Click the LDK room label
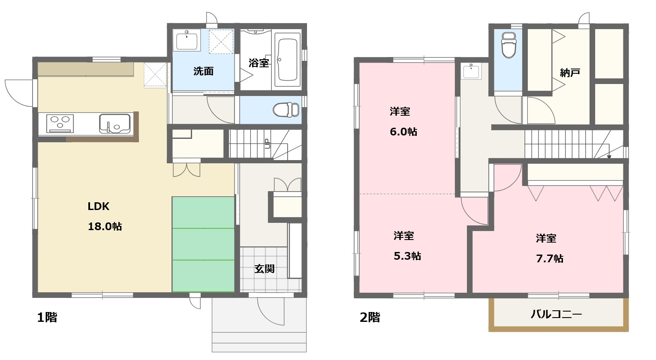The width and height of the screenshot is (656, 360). tap(99, 207)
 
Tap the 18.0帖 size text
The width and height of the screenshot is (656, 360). tap(105, 226)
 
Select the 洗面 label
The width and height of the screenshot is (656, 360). tap(203, 71)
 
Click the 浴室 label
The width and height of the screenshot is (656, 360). tap(259, 63)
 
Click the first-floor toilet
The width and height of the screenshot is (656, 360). tap(286, 110)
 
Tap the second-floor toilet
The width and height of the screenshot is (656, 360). tap(509, 45)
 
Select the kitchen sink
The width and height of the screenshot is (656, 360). tap(114, 123)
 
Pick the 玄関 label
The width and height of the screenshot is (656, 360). tap(264, 269)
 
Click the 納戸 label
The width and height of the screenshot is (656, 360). tap(570, 72)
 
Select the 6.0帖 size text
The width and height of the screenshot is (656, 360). tap(403, 132)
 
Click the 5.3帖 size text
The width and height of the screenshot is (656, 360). tap(407, 256)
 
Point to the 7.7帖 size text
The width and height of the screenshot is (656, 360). tap(550, 258)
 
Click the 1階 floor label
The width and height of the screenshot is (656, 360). tap(47, 318)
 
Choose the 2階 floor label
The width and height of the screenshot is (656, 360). tap(370, 318)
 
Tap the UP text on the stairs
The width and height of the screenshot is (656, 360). tap(266, 143)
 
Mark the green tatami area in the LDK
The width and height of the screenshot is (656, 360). tap(203, 244)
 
